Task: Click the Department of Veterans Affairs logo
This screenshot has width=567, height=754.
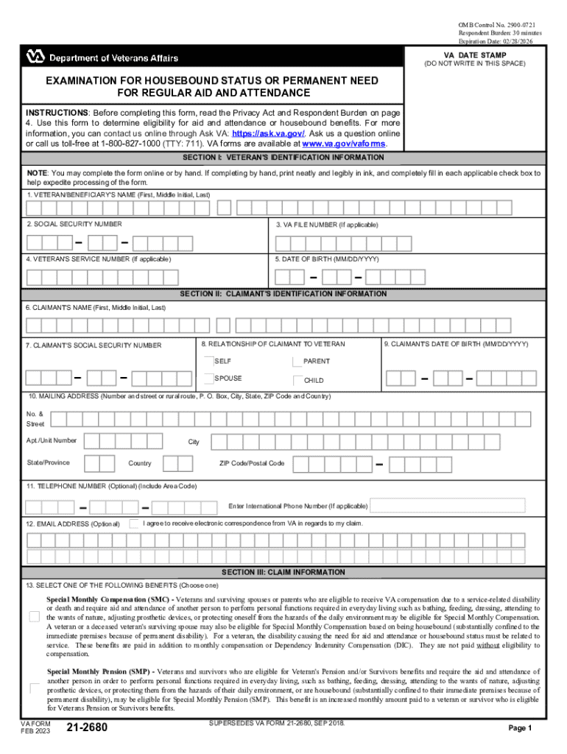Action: (102, 57)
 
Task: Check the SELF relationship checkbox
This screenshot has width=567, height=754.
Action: (208, 361)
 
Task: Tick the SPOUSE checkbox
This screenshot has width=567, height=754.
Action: (208, 378)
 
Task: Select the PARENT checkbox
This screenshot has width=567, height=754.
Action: (297, 362)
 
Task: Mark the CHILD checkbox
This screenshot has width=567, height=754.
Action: (297, 381)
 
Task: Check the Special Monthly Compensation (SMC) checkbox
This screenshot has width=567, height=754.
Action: (34, 616)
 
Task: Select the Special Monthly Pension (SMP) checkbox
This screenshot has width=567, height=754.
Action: (34, 689)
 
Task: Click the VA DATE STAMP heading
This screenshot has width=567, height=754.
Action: (473, 55)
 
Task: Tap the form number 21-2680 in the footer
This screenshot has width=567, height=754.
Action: (87, 728)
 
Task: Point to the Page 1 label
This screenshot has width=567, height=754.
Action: (520, 728)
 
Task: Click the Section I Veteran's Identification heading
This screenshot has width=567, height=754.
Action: (283, 158)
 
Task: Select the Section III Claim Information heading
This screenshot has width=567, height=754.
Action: (283, 572)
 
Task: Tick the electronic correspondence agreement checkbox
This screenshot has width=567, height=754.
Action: (133, 524)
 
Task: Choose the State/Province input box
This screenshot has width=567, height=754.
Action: (99, 463)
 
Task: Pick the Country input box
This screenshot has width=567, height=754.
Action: (178, 463)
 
